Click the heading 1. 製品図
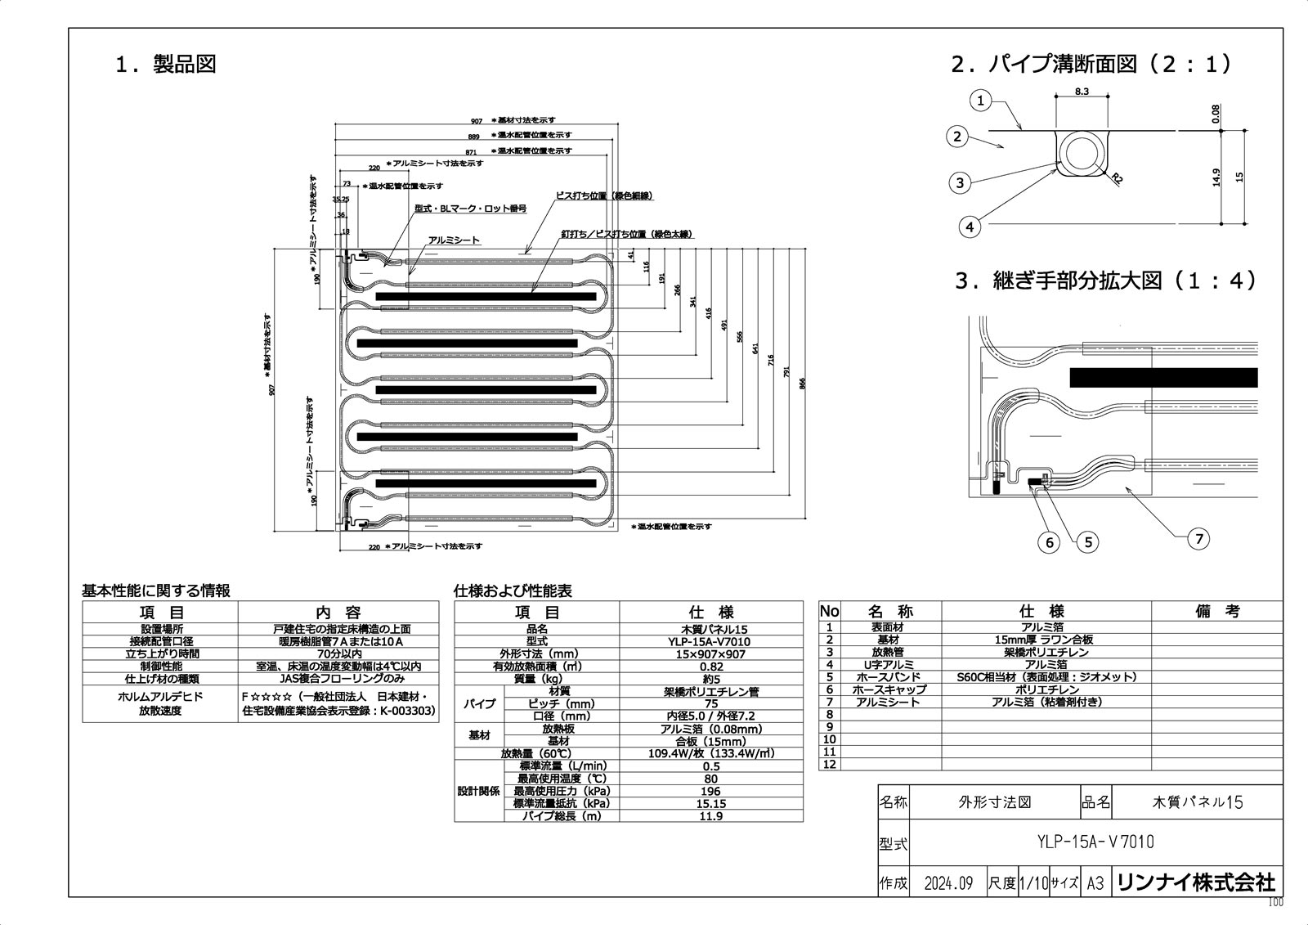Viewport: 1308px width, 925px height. tap(166, 65)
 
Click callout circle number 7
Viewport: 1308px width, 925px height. tap(1198, 538)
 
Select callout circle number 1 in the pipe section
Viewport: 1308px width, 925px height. tap(981, 101)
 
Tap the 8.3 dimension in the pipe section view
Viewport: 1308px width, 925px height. tap(1081, 92)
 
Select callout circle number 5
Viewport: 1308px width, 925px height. tap(1087, 541)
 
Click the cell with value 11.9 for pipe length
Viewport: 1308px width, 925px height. tap(710, 816)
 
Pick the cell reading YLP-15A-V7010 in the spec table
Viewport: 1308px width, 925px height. tap(710, 642)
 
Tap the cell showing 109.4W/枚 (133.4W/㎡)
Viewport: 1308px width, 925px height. tap(710, 753)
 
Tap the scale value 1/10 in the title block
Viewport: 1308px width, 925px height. tap(1033, 883)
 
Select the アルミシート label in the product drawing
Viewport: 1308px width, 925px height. tap(455, 240)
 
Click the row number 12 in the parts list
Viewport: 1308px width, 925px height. tap(830, 764)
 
